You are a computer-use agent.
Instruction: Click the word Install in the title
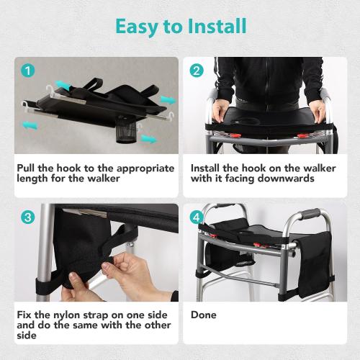coord(213,27)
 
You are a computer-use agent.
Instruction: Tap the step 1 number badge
coord(27,71)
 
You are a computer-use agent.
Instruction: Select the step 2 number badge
coord(196,71)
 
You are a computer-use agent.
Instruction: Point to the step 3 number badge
coord(27,217)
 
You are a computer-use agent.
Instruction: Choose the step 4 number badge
coord(196,217)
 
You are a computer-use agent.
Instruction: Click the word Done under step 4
coord(204,315)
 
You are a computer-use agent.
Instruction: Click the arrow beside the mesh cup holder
coord(148,138)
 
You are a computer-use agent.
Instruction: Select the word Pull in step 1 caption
coord(29,168)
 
